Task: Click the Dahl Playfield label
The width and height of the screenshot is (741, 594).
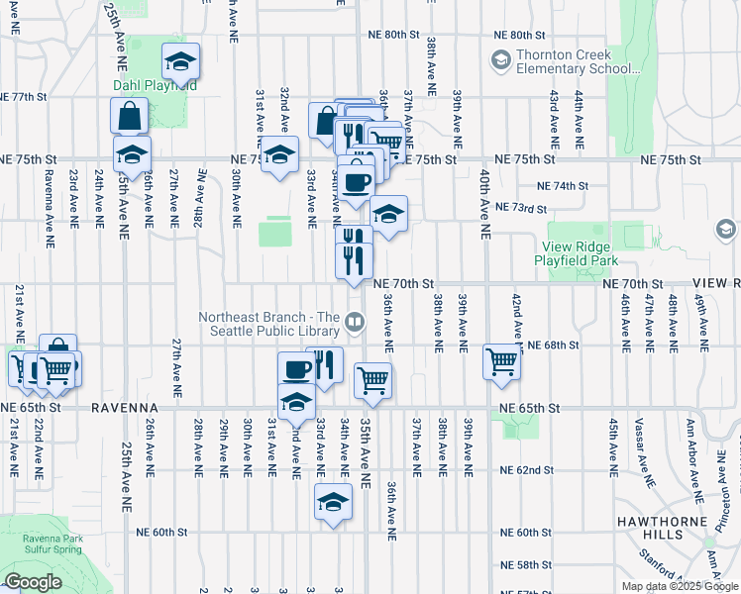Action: click(154, 85)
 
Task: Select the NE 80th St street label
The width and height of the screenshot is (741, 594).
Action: click(394, 35)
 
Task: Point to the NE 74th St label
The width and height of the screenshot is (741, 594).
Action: click(562, 185)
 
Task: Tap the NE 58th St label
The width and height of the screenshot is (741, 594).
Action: click(526, 564)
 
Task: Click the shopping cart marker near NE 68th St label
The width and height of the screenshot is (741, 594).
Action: click(502, 360)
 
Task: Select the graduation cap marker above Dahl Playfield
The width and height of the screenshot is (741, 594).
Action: click(180, 61)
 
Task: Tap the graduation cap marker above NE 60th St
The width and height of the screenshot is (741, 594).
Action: click(334, 502)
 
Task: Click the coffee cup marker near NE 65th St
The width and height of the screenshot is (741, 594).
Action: click(296, 369)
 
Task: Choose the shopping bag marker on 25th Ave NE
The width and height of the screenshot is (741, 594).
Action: click(130, 117)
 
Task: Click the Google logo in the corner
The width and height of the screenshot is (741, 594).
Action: click(33, 582)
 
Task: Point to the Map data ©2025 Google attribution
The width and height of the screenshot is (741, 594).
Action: click(679, 586)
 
